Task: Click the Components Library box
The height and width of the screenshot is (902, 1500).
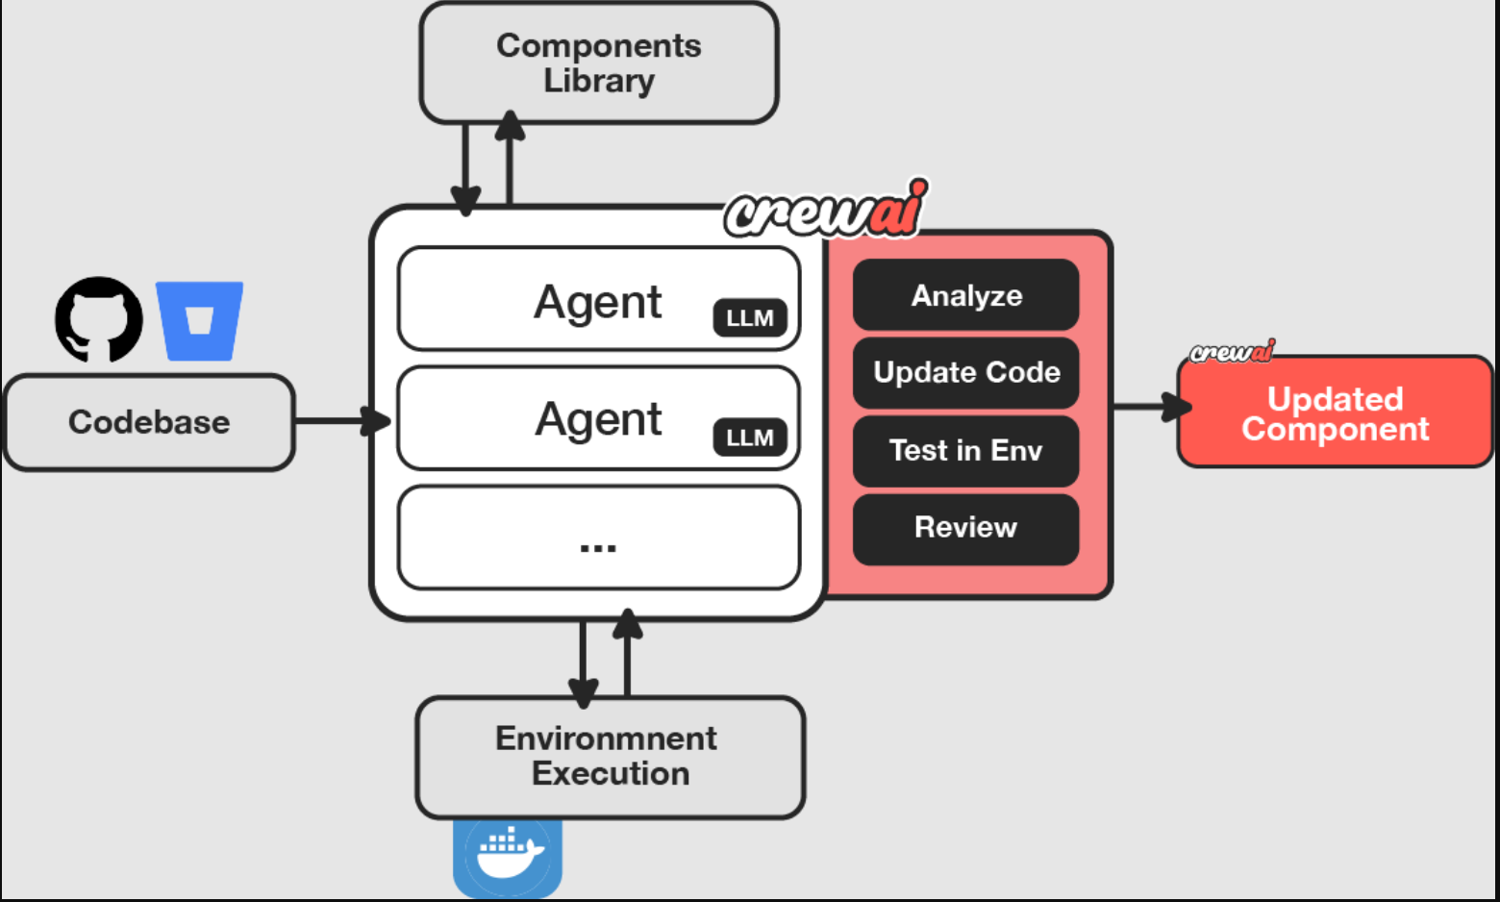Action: coord(598,63)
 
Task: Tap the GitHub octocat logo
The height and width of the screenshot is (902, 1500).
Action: coord(98,319)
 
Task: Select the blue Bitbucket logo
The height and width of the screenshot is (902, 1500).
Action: coord(199,320)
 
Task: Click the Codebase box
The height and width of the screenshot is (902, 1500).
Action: coord(149,422)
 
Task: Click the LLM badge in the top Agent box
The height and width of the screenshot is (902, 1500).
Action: coord(750,318)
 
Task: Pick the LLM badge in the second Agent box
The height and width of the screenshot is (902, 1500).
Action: coord(750,438)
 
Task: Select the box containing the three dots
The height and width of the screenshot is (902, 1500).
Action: coord(598,538)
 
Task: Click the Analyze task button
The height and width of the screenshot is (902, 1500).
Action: coord(965,295)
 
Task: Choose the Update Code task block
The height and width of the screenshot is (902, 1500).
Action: coord(965,372)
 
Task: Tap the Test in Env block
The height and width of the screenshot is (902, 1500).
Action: coord(965,450)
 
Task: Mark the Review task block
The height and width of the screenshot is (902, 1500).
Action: coord(965,528)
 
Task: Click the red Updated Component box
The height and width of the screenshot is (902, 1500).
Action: coord(1335,413)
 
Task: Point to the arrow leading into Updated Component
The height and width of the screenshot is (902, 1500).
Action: coord(1149,407)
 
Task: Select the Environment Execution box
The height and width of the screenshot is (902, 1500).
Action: coord(610,757)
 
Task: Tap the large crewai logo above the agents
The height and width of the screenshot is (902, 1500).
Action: coord(825,210)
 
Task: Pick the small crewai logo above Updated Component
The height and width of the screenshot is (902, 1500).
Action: coord(1232,352)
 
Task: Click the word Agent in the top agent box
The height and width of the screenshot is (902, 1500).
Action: coord(598,302)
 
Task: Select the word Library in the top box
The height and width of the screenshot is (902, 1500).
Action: coord(599,81)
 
